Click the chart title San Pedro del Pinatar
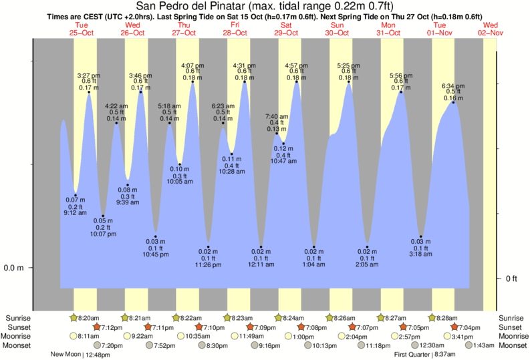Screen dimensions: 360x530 click(x=265, y=7)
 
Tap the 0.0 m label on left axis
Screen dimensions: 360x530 click(x=14, y=268)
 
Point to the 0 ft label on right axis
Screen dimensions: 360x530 click(x=512, y=279)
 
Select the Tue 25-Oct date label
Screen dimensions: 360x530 click(x=82, y=28)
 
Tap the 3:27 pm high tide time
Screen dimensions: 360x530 click(x=89, y=75)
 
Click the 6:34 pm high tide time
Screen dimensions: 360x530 click(x=454, y=86)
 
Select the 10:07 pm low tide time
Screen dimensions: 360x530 click(x=104, y=234)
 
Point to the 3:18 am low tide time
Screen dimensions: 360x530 click(x=421, y=254)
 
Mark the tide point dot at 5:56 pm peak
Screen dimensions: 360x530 click(x=401, y=92)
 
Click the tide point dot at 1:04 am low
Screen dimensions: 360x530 click(x=314, y=247)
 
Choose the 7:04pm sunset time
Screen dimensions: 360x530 click(x=471, y=327)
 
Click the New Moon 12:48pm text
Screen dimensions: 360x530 click(x=80, y=355)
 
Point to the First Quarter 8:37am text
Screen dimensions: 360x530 click(x=426, y=355)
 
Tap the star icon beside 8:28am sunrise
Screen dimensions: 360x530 click(x=432, y=317)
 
